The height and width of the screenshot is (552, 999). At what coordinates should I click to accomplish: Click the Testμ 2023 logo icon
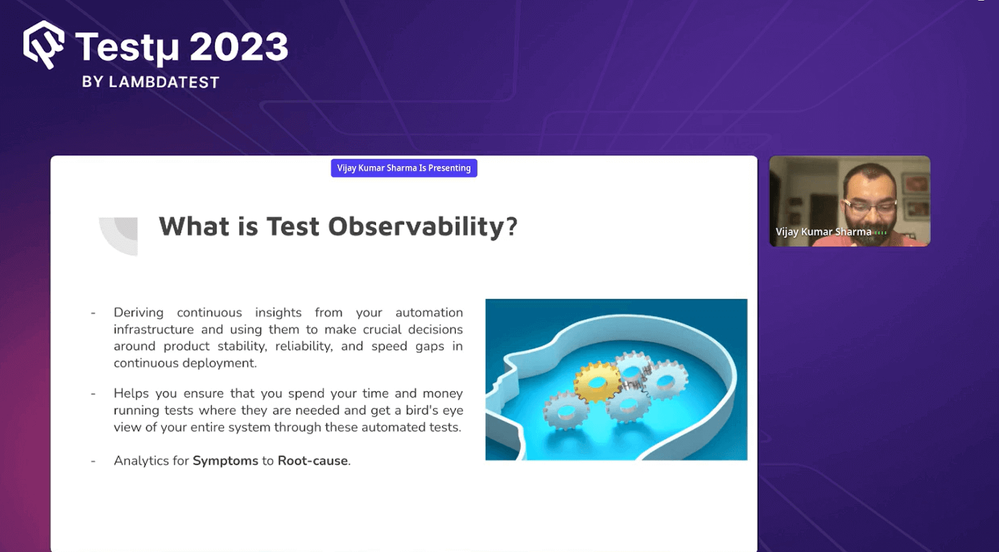pyautogui.click(x=43, y=45)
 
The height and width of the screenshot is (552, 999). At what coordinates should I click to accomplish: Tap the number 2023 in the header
pyautogui.click(x=239, y=47)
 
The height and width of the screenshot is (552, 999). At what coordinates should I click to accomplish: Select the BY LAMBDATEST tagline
pyautogui.click(x=150, y=82)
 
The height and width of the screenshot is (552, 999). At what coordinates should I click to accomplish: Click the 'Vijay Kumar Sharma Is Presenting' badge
pyautogui.click(x=404, y=168)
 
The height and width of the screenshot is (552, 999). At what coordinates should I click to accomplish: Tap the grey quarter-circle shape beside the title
pyautogui.click(x=121, y=235)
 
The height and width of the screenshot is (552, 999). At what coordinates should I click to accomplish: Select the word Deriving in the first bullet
pyautogui.click(x=139, y=312)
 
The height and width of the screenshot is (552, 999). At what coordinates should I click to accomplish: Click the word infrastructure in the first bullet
pyautogui.click(x=154, y=329)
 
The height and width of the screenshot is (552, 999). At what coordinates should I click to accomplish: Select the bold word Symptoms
pyautogui.click(x=225, y=461)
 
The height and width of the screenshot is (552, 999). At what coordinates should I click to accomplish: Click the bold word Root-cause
pyautogui.click(x=313, y=461)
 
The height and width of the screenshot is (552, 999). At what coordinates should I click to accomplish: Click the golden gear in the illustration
pyautogui.click(x=596, y=381)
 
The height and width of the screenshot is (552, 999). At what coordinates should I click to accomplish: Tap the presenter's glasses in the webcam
pyautogui.click(x=870, y=203)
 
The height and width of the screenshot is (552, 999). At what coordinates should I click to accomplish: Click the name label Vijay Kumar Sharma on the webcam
pyautogui.click(x=823, y=232)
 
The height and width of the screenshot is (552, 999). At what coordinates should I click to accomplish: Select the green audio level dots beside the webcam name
pyautogui.click(x=880, y=233)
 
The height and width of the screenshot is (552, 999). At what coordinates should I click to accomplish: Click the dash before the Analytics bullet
pyautogui.click(x=93, y=462)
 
